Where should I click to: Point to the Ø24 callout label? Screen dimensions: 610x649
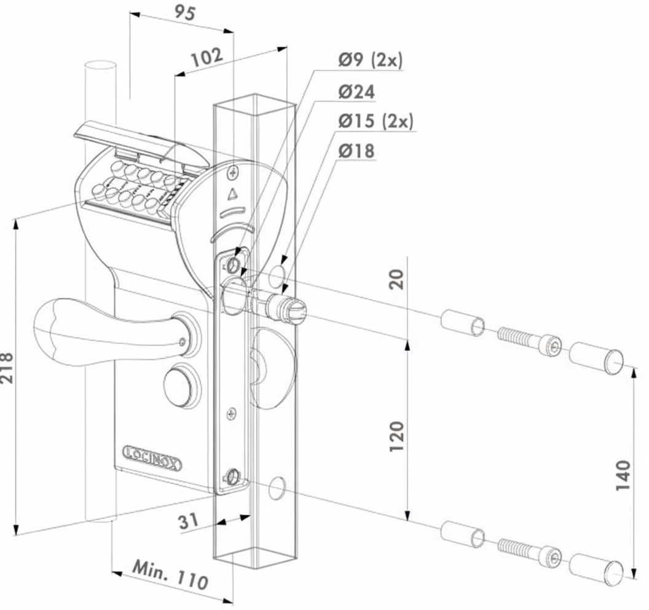click(x=356, y=92)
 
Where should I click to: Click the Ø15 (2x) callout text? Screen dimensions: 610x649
click(x=376, y=121)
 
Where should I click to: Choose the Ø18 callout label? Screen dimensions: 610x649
click(x=356, y=151)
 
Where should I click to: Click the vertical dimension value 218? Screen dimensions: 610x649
click(x=7, y=367)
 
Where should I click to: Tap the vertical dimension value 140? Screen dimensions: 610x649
click(x=623, y=475)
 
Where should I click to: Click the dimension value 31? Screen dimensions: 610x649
click(x=191, y=522)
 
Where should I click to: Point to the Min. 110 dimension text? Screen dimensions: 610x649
click(x=170, y=574)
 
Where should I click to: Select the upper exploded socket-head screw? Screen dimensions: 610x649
click(x=529, y=339)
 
